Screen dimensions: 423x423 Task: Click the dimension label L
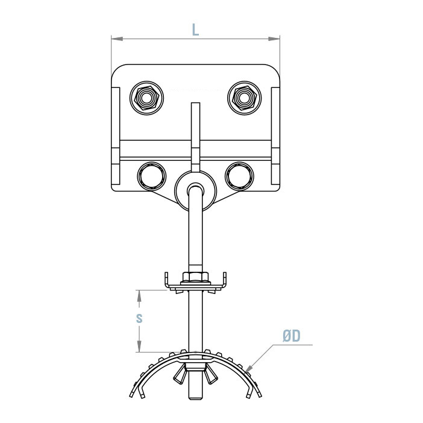coord(195,30)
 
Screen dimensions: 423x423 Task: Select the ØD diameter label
coord(291,336)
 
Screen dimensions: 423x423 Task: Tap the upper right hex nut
coord(244,96)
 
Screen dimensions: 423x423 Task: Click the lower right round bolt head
coord(239,175)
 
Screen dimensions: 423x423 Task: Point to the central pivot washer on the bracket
coord(195,189)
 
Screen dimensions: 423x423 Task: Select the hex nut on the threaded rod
coord(195,278)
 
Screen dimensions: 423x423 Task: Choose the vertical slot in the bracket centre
coord(194,133)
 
